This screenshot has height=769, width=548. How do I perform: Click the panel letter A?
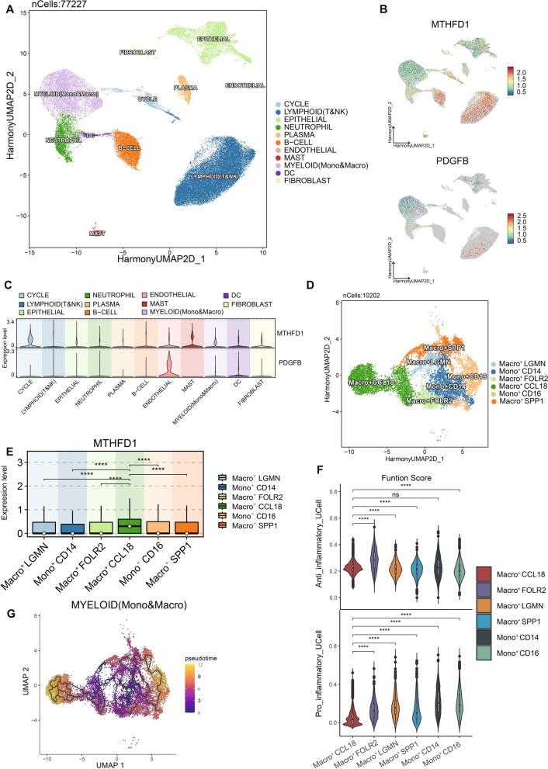point(7,9)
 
